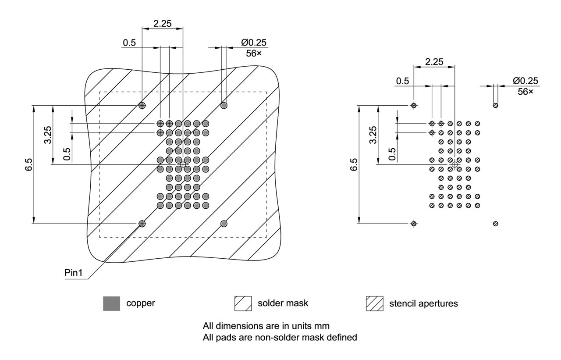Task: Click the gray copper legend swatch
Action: [111, 303]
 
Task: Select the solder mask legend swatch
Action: [243, 303]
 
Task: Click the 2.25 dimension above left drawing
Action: [162, 24]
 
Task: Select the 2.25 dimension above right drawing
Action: [434, 62]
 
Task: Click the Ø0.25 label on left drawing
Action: [254, 43]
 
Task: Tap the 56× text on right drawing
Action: [525, 92]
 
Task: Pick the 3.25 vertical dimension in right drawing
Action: [373, 135]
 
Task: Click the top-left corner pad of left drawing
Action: [142, 105]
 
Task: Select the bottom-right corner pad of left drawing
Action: [224, 224]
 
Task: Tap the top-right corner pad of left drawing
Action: [224, 105]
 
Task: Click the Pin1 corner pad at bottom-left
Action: [142, 224]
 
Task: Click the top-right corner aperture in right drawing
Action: [495, 105]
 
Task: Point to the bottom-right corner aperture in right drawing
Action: [495, 224]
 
